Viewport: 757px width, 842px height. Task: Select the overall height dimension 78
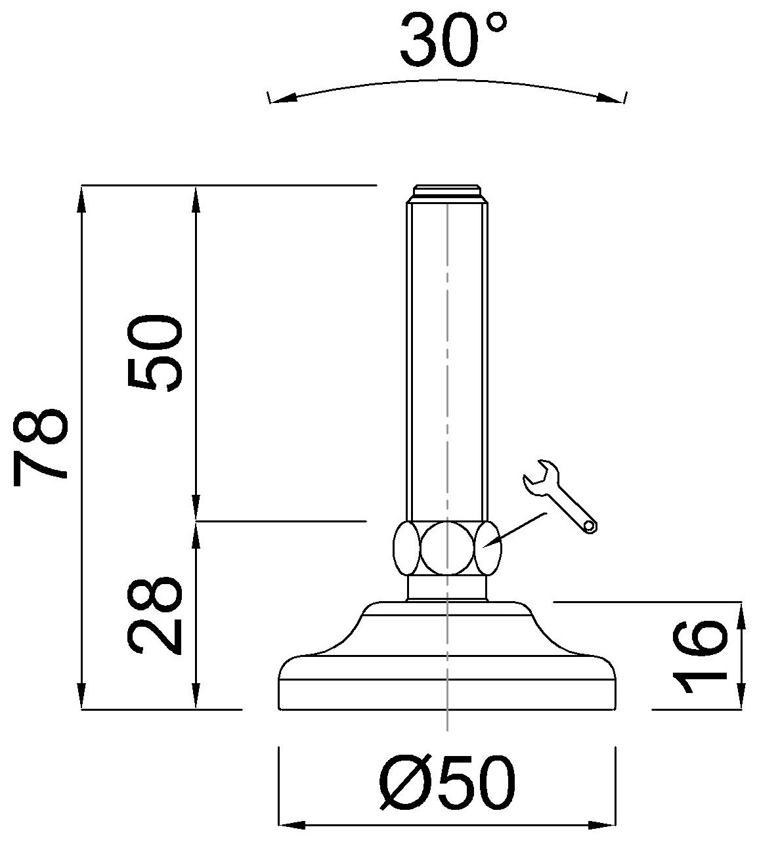tap(41, 446)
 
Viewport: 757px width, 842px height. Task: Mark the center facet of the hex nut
tap(447, 549)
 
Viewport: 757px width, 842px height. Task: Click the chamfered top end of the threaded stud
tap(447, 194)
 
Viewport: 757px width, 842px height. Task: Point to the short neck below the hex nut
tap(447, 587)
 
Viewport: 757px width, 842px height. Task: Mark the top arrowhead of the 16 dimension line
tap(741, 614)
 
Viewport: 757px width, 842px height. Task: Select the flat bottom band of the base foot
tap(447, 695)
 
